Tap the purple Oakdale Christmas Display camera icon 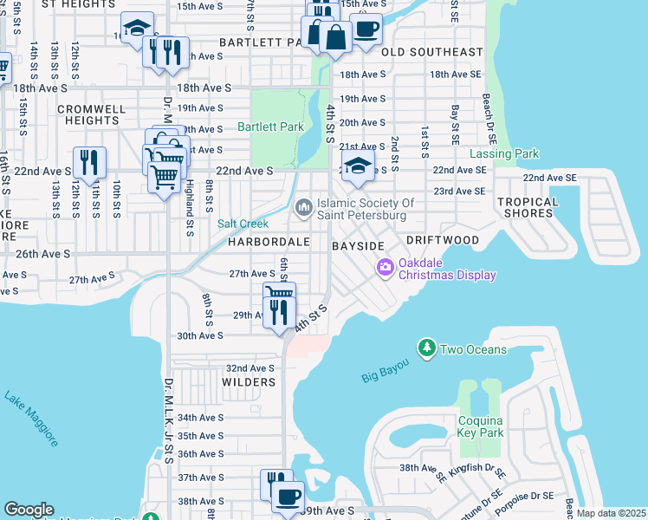385,269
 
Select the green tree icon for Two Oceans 426,348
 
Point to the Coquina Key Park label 481,426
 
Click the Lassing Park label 504,154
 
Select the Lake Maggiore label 31,419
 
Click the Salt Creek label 243,224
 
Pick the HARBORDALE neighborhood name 269,242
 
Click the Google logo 29,510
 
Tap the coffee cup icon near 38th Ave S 288,497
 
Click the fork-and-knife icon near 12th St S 89,162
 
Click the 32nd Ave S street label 249,368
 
